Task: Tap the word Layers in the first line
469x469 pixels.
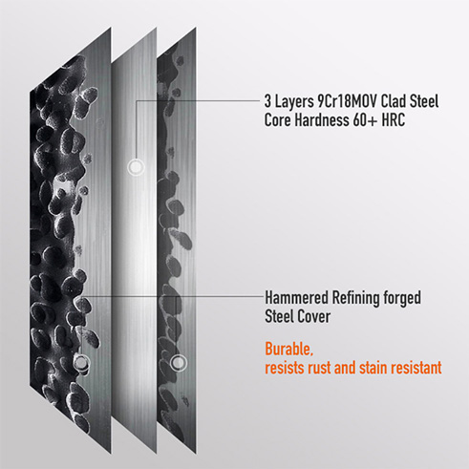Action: tap(294, 102)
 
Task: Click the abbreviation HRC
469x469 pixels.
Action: tap(394, 120)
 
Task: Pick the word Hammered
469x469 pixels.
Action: tap(296, 298)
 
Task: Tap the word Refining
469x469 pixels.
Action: tap(355, 299)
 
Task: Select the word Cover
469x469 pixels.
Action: tap(313, 317)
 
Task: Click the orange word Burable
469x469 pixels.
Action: tap(289, 350)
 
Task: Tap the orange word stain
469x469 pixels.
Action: tap(373, 368)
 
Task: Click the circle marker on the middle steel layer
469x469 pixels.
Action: tap(136, 167)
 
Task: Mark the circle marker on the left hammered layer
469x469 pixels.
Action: tap(81, 362)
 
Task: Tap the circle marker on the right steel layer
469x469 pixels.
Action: tap(178, 362)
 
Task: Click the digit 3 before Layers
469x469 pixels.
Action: tap(267, 102)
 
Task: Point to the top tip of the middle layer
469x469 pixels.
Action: tap(157, 28)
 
